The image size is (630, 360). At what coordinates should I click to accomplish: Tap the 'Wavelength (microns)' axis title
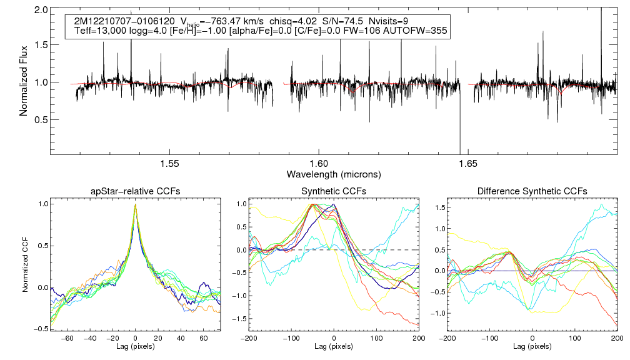334,174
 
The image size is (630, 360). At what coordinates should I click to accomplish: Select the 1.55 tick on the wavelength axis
170,164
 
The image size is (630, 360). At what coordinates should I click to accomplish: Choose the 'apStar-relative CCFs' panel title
136,191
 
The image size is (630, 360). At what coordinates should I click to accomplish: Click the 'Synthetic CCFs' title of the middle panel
334,191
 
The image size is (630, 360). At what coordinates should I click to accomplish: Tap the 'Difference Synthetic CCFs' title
532,191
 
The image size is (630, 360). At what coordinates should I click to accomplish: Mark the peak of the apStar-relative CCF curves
136,204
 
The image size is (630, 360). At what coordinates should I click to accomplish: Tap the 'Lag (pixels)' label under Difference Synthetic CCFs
532,346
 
